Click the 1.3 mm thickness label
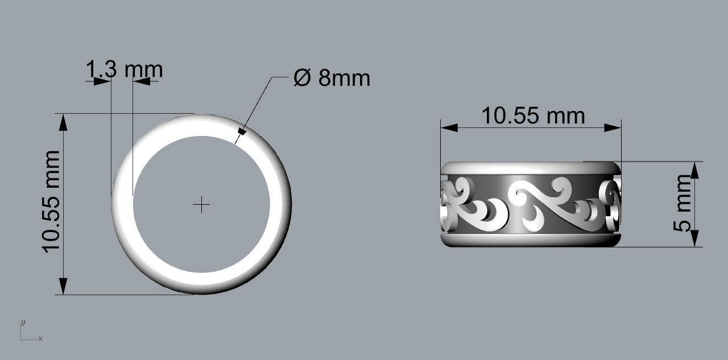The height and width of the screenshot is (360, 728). coord(124,69)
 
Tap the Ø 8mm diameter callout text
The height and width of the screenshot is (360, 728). coord(332,78)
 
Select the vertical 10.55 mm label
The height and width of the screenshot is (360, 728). coord(51,202)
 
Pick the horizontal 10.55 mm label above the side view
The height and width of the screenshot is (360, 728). coord(533,115)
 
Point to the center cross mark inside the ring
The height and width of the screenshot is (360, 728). coord(201,205)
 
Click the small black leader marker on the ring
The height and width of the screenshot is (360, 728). coord(242,132)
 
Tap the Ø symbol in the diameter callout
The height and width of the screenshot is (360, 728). coord(303,78)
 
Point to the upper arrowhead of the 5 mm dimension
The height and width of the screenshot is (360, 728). coord(694,169)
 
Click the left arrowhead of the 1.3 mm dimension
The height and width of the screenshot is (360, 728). coord(102,81)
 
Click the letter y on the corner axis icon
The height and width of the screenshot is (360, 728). coord(23,322)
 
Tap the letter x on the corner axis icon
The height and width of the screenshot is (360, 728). coord(40,339)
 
